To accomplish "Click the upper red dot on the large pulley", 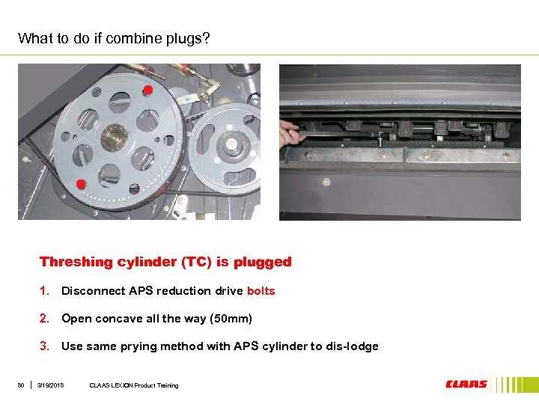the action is tap(147, 90).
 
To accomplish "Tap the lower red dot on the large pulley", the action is tap(81, 184).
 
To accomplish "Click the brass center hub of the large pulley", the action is tap(114, 138).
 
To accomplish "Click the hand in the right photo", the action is tap(290, 133).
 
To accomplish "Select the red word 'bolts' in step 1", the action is tap(261, 291).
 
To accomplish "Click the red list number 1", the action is tap(44, 291).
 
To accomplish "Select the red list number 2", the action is tap(44, 319).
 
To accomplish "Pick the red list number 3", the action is tap(44, 346).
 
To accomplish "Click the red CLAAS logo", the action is tap(466, 384).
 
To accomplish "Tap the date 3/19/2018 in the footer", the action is tap(50, 385).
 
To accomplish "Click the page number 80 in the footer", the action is tap(21, 385).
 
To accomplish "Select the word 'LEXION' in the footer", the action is tap(122, 385).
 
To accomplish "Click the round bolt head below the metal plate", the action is tap(326, 182).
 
